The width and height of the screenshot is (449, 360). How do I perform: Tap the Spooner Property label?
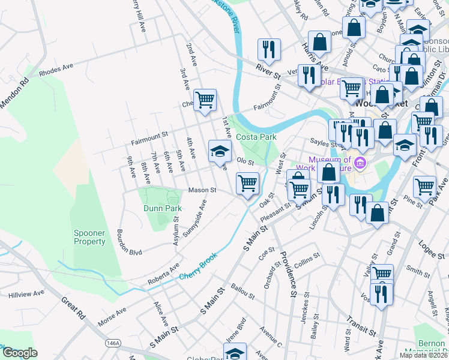pyautogui.click(x=90, y=237)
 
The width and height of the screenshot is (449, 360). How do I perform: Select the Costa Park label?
pyautogui.click(x=256, y=137)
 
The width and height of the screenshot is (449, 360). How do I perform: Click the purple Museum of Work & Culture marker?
pyautogui.click(x=360, y=163)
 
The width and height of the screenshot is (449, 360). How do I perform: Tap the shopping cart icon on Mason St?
pyautogui.click(x=247, y=184)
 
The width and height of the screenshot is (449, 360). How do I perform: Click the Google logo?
pyautogui.click(x=20, y=353)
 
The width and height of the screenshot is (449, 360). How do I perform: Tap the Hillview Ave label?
pyautogui.click(x=26, y=295)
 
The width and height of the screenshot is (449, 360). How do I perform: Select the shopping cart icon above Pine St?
pyautogui.click(x=424, y=186)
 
